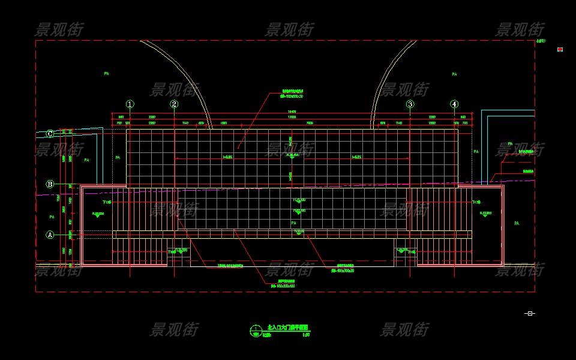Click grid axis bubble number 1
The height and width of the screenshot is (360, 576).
click(x=130, y=104)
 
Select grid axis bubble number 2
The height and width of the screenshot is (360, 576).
click(x=174, y=104)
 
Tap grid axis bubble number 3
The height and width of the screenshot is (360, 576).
click(x=410, y=104)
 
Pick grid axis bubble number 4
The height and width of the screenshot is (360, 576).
click(x=454, y=104)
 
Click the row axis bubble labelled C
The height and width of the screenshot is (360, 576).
click(x=50, y=134)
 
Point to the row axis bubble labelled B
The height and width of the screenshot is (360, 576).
click(x=50, y=184)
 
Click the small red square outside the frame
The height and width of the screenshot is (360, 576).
click(x=560, y=49)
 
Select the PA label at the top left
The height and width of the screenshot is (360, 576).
click(x=106, y=73)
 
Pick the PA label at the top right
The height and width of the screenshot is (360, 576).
click(x=454, y=74)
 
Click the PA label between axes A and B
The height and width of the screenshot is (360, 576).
click(x=52, y=217)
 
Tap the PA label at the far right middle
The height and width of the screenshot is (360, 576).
click(x=516, y=223)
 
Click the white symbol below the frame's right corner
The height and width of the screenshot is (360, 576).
click(x=529, y=313)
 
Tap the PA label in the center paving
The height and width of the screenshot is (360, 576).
click(x=293, y=223)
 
